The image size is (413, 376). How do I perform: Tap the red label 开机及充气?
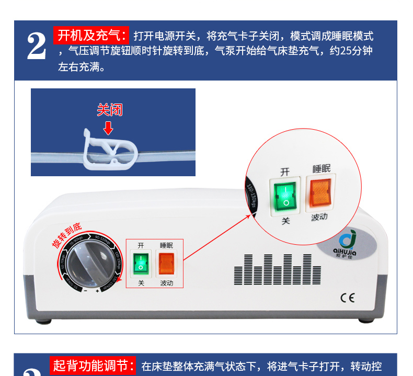[92, 36]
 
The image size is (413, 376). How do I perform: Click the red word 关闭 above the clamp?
[109, 110]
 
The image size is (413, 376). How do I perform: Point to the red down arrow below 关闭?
[108, 128]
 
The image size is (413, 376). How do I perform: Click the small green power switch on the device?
[141, 264]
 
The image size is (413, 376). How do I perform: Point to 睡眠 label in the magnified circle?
[322, 169]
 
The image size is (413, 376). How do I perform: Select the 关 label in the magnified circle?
[285, 222]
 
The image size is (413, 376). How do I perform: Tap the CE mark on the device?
[347, 299]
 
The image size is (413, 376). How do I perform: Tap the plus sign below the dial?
[97, 290]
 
